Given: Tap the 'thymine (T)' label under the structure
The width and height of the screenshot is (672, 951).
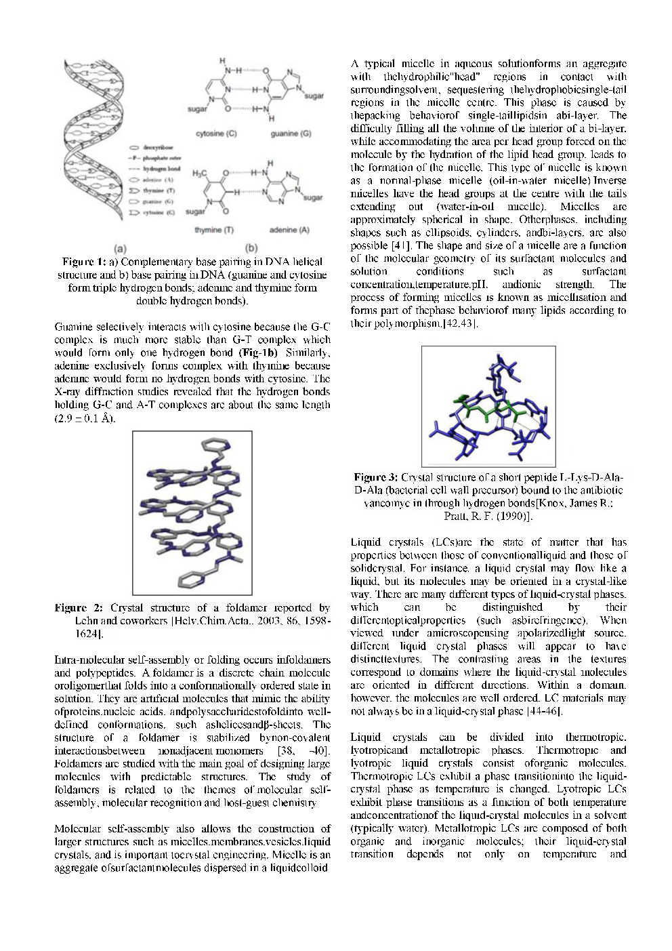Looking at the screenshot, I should [214, 230].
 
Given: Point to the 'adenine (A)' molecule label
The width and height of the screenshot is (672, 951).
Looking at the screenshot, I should [289, 230].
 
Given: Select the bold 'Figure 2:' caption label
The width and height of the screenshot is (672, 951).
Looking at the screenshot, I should [81, 608].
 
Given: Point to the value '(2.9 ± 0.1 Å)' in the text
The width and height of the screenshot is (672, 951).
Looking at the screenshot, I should [86, 418].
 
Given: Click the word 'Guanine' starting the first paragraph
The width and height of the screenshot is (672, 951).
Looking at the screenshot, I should [75, 327].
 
